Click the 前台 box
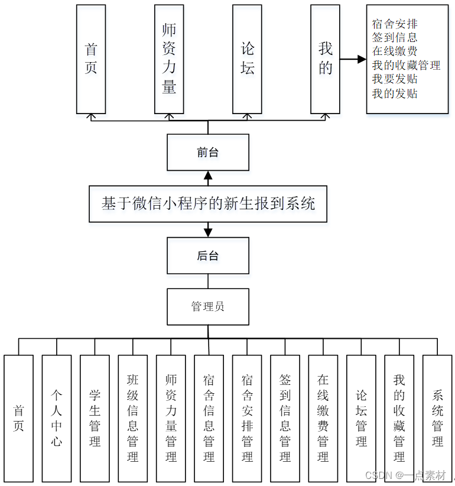(208, 153)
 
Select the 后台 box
(208, 255)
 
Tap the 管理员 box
(208, 306)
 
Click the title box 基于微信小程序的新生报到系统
(208, 204)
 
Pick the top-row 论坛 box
(247, 59)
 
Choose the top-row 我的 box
(325, 59)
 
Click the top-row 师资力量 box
(169, 59)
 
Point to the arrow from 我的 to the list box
(353, 59)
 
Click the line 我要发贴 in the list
(395, 79)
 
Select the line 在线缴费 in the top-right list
(395, 51)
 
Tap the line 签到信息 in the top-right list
(395, 38)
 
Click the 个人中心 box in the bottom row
(57, 417)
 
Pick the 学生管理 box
(95, 417)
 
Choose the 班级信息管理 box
(133, 417)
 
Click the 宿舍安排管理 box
(247, 417)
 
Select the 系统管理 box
(437, 417)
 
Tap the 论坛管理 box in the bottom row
(361, 417)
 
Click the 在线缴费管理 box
(323, 417)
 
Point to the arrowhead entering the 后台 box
(208, 232)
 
